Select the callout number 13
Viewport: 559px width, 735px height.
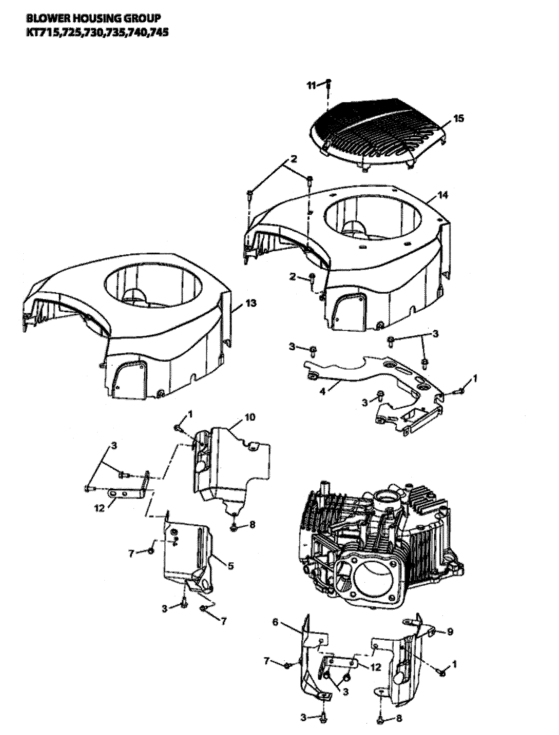pyautogui.click(x=251, y=303)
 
